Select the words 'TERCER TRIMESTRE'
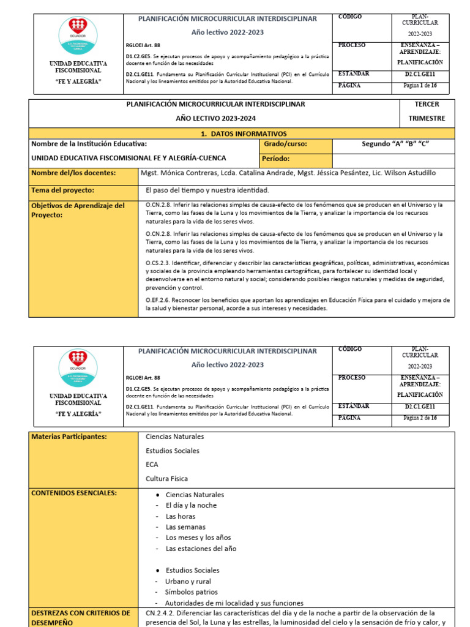coord(426,111)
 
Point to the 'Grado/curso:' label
coord(285,144)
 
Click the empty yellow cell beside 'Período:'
coord(394,160)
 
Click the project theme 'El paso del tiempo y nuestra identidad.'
coord(207,190)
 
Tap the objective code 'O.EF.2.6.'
coord(160,301)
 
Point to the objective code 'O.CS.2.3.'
coord(160,262)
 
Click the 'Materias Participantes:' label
coord(69,437)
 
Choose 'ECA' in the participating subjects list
coord(152,465)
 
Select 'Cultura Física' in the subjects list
coord(166,478)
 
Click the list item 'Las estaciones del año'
coord(201,549)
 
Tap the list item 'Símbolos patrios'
coord(190,592)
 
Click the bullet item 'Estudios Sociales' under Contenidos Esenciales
coord(192,570)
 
